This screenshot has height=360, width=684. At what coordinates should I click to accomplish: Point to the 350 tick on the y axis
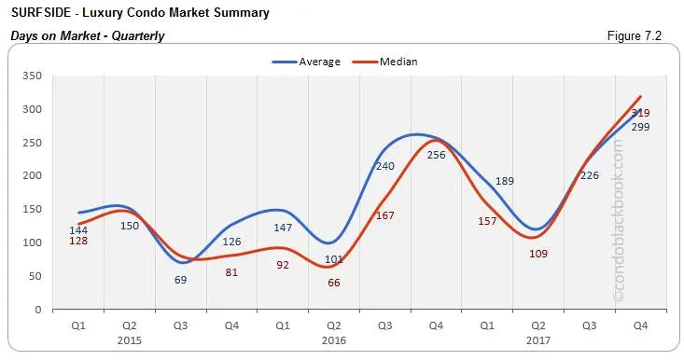pyautogui.click(x=31, y=76)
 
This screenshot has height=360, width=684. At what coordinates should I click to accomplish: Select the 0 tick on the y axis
pyautogui.click(x=37, y=309)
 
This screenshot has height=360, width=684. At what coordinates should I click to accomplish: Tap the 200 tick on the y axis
pyautogui.click(x=31, y=175)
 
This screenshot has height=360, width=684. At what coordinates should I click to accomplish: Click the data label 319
pyautogui.click(x=640, y=113)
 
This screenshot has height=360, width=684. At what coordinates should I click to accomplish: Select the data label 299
pyautogui.click(x=640, y=127)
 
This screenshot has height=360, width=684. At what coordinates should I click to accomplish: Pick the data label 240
pyautogui.click(x=384, y=166)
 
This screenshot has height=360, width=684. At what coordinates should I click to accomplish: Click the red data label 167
pyautogui.click(x=384, y=215)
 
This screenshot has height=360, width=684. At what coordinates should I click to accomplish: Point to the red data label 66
pyautogui.click(x=334, y=282)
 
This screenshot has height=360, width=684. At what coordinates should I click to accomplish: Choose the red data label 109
pyautogui.click(x=537, y=253)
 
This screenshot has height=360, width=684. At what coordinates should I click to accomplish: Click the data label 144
pyautogui.click(x=79, y=229)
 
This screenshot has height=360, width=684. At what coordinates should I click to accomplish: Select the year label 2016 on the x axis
pyautogui.click(x=334, y=342)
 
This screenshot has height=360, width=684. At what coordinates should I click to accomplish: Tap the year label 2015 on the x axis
pyautogui.click(x=131, y=342)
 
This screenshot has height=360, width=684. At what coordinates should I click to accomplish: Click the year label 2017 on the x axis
pyautogui.click(x=537, y=342)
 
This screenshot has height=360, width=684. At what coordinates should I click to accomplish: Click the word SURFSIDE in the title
pyautogui.click(x=40, y=13)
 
